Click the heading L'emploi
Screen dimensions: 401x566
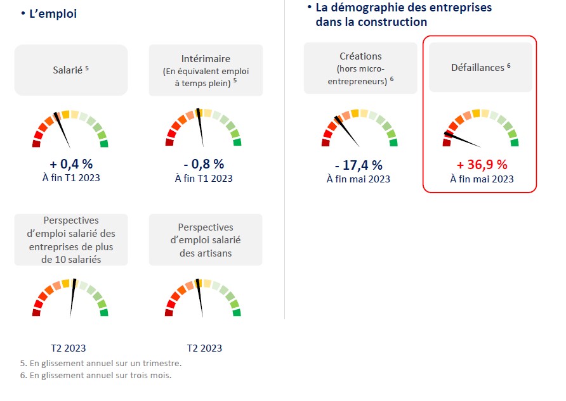tap(53, 13)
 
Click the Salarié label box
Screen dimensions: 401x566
tap(70, 70)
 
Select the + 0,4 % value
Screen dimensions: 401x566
tap(70, 164)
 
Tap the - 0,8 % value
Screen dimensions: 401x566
tap(204, 164)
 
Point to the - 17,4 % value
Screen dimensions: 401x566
tap(359, 165)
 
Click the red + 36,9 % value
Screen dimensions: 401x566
tap(482, 165)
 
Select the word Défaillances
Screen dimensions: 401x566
tap(477, 67)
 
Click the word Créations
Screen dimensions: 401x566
tap(360, 56)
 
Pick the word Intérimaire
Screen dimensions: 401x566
tap(205, 59)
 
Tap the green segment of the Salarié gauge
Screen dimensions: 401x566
tap(104, 143)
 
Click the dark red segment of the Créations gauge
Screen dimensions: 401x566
tap(326, 143)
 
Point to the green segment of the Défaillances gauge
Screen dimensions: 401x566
tap(514, 143)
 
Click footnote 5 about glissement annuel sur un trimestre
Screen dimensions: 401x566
tap(101, 363)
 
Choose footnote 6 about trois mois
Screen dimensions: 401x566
tap(96, 375)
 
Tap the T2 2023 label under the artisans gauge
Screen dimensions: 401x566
tap(204, 348)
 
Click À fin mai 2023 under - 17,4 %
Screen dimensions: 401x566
tap(359, 179)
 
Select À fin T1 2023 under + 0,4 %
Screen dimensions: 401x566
tap(70, 178)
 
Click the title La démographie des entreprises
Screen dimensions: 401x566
tap(404, 8)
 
